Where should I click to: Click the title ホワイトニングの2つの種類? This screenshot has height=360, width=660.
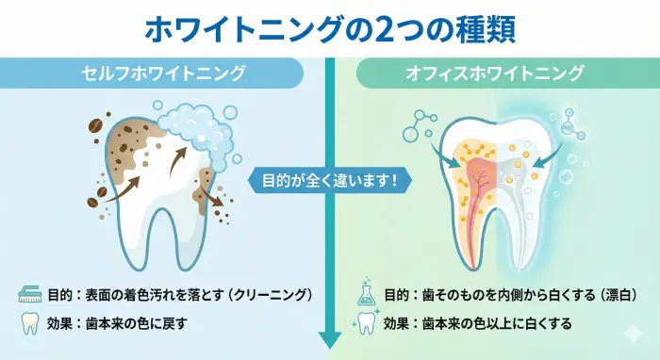pos(330,28)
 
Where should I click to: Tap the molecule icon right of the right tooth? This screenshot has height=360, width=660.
pos(571,123)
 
